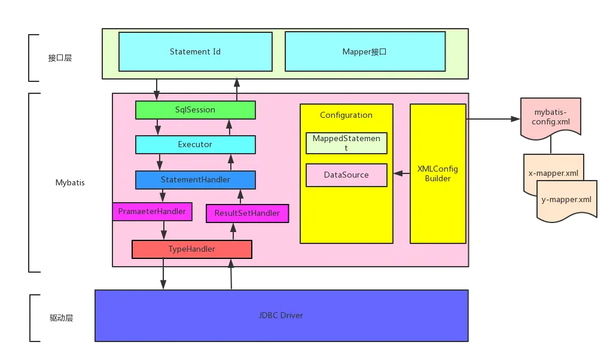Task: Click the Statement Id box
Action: [195, 51]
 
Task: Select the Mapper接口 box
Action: [365, 51]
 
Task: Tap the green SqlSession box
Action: [195, 109]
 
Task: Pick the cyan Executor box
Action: [195, 144]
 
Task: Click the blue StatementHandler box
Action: [195, 179]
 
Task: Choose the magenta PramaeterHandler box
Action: [152, 212]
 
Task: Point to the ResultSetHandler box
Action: [247, 213]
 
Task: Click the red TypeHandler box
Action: [192, 249]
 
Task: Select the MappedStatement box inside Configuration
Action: [346, 143]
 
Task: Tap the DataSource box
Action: [346, 175]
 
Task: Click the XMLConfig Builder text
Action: [438, 173]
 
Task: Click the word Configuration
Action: [346, 115]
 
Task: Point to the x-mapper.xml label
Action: [553, 173]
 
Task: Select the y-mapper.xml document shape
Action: [566, 201]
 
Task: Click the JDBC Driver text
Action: [281, 315]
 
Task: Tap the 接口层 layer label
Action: [60, 58]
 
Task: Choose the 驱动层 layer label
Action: [61, 318]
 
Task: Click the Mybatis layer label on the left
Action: [70, 183]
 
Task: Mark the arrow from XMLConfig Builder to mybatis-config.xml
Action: [493, 118]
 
